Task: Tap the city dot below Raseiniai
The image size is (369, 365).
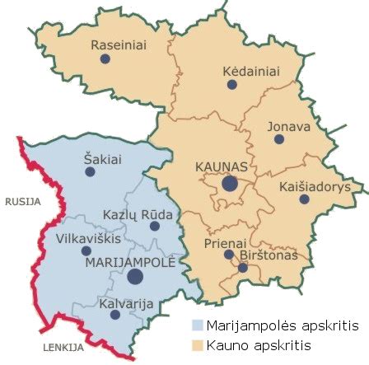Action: (x=104, y=60)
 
